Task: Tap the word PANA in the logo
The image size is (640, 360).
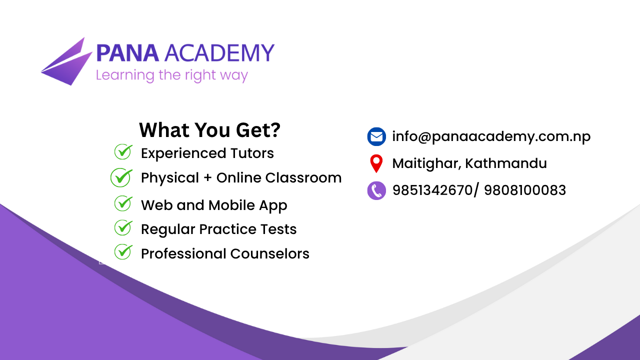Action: [127, 53]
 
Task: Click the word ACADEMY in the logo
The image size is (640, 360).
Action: [219, 53]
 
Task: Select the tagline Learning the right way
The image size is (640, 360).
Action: [171, 75]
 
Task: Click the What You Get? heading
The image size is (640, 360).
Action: [209, 130]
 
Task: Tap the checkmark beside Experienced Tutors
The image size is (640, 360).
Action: [123, 151]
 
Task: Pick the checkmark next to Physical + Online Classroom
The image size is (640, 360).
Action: [121, 177]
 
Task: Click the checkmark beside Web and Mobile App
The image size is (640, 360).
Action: [123, 203]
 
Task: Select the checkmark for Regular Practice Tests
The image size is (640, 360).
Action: [123, 227]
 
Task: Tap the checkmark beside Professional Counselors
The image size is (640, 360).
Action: [123, 251]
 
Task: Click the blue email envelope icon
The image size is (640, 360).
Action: [376, 136]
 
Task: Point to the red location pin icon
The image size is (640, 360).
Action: [376, 163]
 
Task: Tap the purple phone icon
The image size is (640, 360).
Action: [376, 190]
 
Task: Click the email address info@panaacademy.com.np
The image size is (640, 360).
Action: [491, 136]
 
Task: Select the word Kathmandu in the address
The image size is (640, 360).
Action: [505, 163]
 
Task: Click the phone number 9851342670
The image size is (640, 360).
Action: [432, 190]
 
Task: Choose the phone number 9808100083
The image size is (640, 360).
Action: [525, 190]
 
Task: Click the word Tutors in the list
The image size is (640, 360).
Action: [252, 153]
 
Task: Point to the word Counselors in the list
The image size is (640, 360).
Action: [269, 253]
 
